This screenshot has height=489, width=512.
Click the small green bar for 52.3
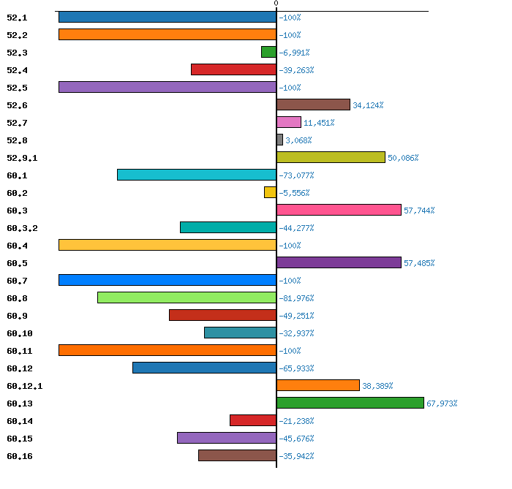coord(268,52)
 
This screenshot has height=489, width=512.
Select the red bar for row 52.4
coord(233,69)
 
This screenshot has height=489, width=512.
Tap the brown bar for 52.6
coord(313,105)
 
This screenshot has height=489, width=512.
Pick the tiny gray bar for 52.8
coord(279,140)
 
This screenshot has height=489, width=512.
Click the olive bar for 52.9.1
coord(331,157)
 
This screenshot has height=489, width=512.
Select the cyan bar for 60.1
coord(197,175)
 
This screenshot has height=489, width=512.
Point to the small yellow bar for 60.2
coord(270,192)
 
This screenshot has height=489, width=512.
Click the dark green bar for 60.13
coord(350,403)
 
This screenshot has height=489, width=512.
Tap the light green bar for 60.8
coord(187,297)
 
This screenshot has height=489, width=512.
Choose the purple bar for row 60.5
coord(339,262)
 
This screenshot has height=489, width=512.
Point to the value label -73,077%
coord(296,175)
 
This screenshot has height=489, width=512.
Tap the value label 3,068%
coord(298,140)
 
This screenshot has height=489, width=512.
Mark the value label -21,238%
coord(296,421)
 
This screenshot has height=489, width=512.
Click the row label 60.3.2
coord(22,228)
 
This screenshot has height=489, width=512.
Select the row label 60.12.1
coord(24,386)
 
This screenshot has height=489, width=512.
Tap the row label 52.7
coord(17,123)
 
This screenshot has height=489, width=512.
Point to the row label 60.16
coord(20,456)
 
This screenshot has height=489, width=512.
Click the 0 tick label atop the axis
coord(276,4)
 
